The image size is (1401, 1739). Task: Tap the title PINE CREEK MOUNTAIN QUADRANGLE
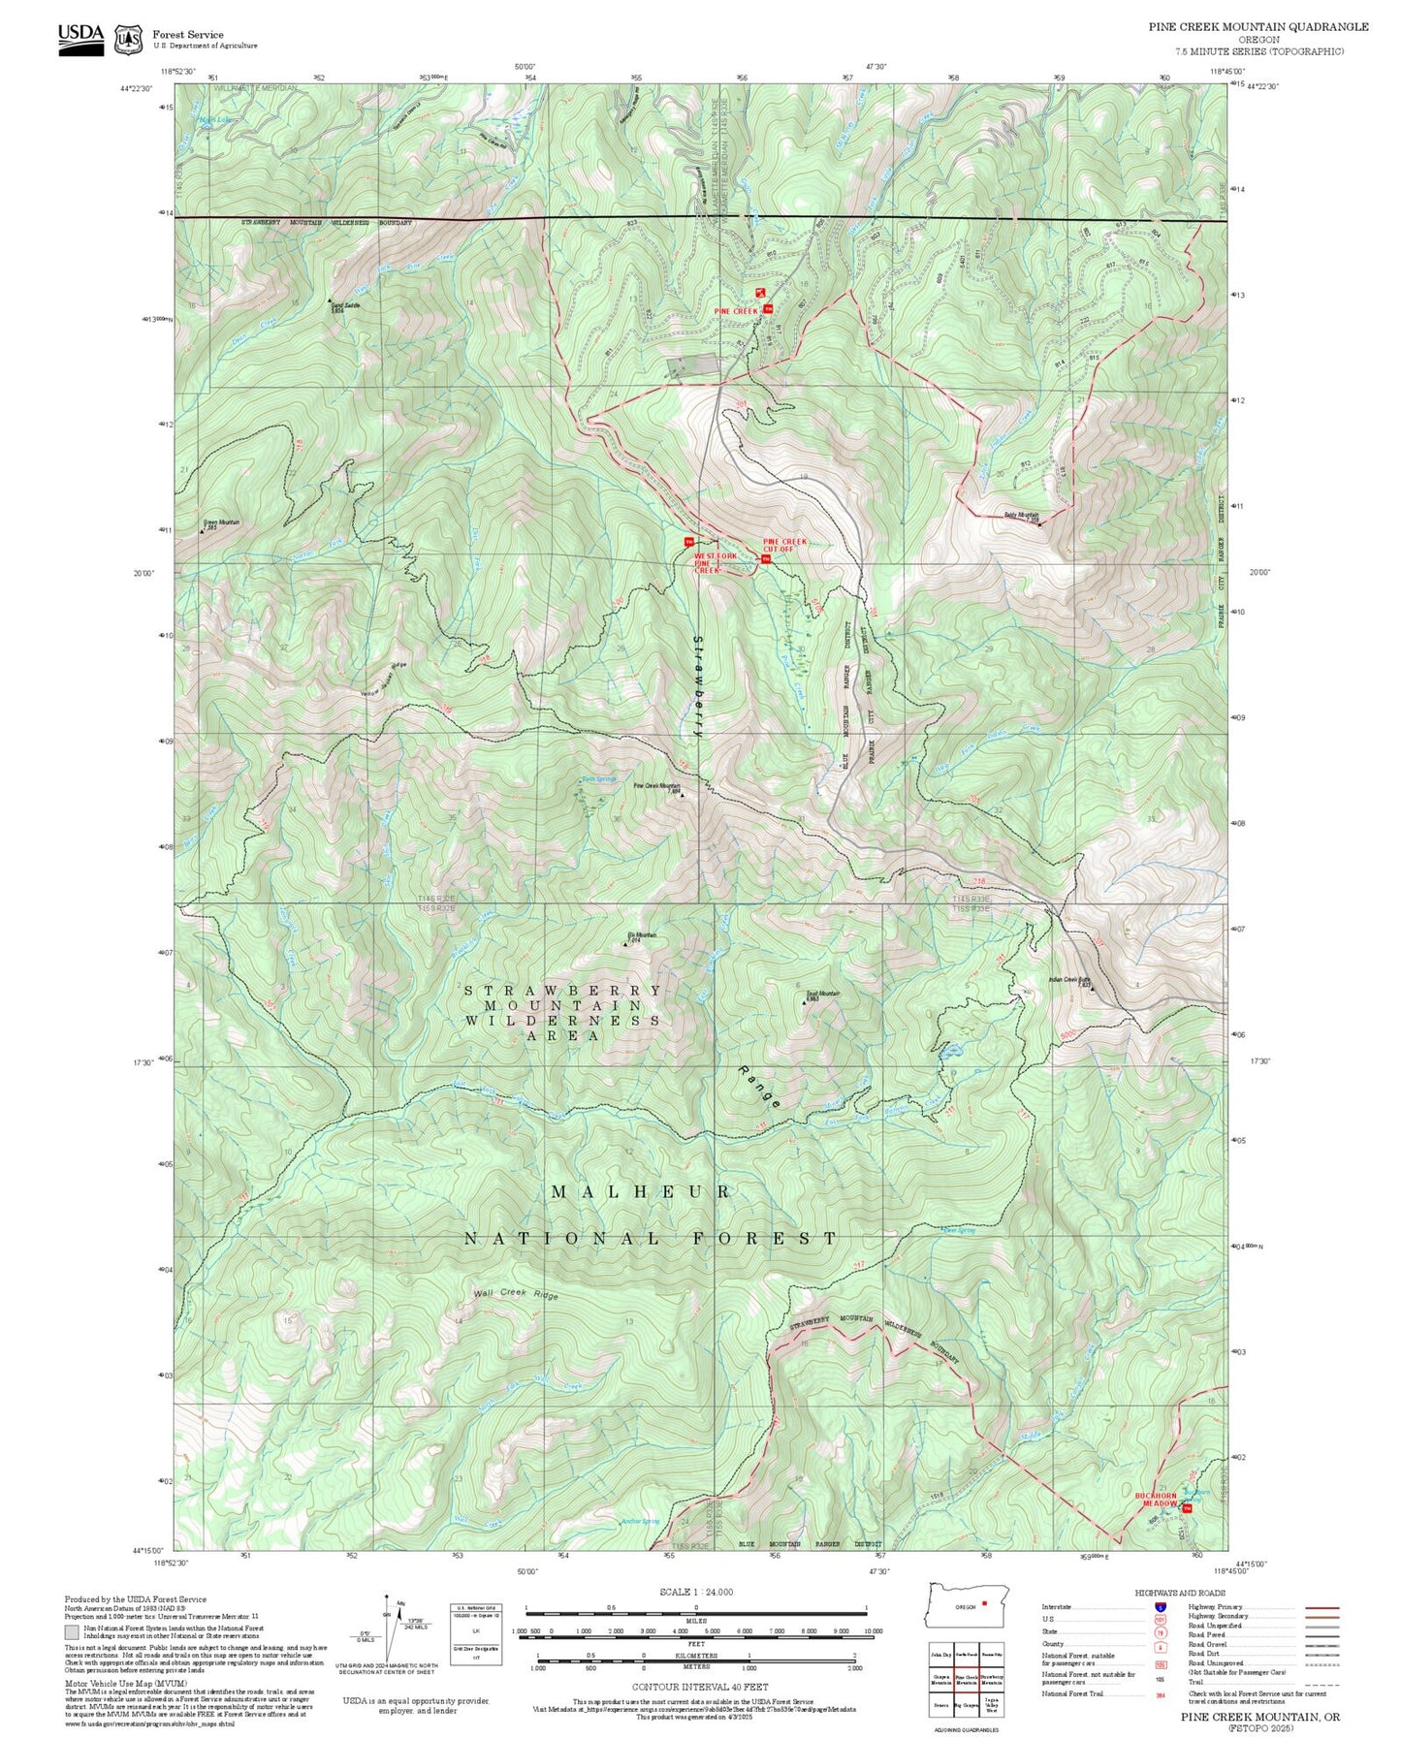click(x=1258, y=27)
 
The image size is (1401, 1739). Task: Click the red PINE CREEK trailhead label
click(x=736, y=311)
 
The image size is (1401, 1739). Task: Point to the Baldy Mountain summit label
click(x=1021, y=516)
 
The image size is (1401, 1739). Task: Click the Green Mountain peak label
click(x=221, y=522)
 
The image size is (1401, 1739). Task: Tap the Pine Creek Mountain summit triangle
click(x=682, y=795)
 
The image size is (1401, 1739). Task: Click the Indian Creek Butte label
click(x=1069, y=980)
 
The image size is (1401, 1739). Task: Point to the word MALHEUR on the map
click(x=641, y=1191)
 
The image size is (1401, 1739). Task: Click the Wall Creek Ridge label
click(x=516, y=1295)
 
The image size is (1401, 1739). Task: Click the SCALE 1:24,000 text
click(x=695, y=1592)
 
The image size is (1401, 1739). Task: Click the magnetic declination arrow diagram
click(x=390, y=1635)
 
